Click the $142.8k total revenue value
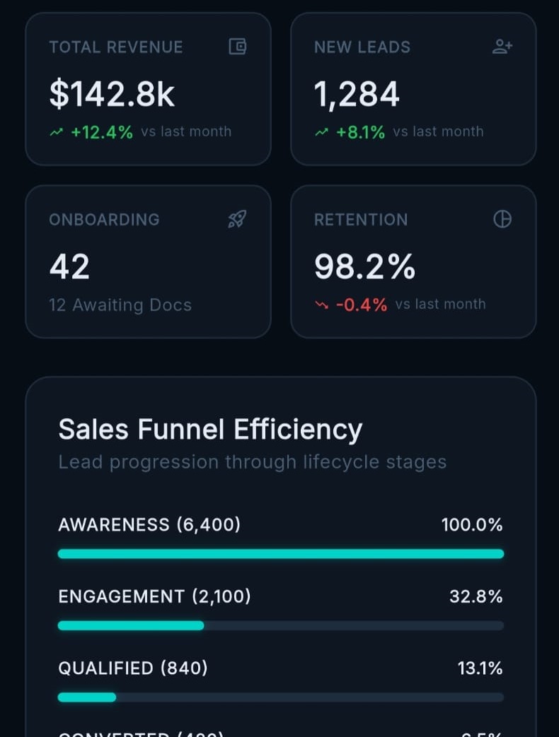point(112,95)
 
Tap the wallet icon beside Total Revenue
point(237,47)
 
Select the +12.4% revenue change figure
point(102,132)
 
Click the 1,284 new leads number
point(357,95)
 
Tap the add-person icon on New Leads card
point(502,47)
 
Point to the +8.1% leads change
point(361,132)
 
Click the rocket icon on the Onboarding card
point(237,220)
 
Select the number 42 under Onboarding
point(69,267)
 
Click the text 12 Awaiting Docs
point(120,305)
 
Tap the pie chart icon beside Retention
point(502,220)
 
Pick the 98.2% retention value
point(364,267)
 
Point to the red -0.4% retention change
point(361,305)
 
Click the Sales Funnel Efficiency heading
point(210,430)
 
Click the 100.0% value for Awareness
point(472,525)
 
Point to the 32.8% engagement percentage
point(476,597)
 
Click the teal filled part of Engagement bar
point(131,625)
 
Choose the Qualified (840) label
point(133,668)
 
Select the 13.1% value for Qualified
point(480,668)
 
